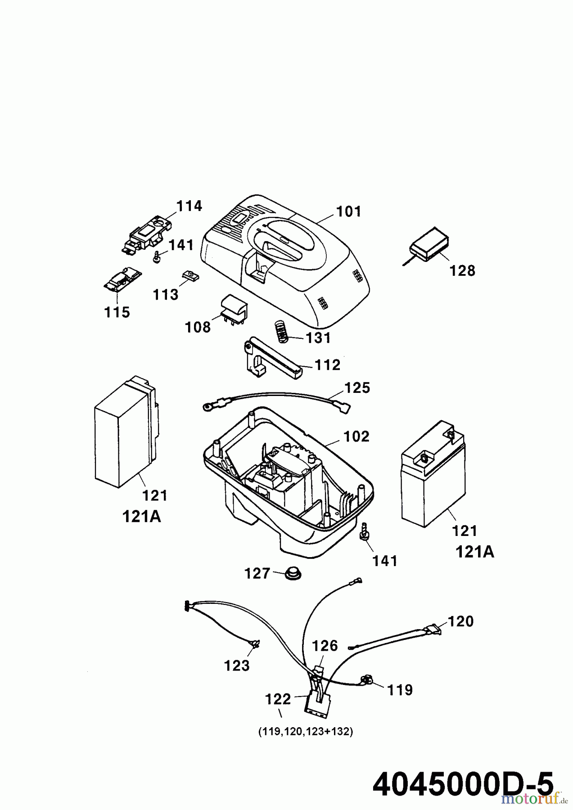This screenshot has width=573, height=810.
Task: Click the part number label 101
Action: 349,211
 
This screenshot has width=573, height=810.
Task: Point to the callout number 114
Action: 189,206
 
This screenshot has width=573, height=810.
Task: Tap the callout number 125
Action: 357,388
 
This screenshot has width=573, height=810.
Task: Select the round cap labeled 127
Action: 293,574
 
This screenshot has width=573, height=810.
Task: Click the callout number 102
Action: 356,436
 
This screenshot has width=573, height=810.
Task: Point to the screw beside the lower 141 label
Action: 364,530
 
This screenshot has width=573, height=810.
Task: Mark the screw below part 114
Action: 158,258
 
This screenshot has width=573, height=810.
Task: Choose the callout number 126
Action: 325,646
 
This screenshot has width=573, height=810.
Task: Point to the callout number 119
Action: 400,689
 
